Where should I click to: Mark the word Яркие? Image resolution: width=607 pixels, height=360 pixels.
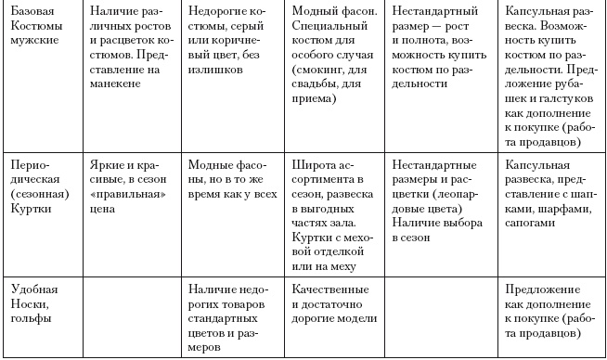(110, 163)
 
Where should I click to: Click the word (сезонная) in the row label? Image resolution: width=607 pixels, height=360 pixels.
(36, 196)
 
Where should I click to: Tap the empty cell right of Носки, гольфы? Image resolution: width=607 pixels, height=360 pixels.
(131, 315)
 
